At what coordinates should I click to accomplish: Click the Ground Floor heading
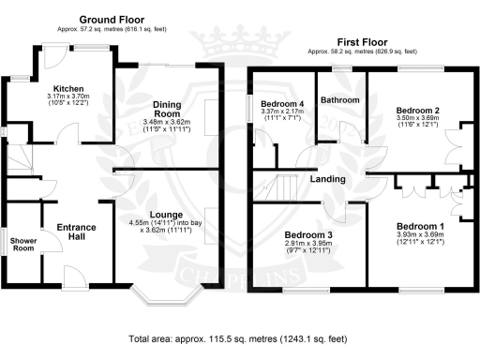[112, 19]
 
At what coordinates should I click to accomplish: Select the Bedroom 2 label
[418, 111]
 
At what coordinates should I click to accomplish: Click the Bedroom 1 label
[419, 227]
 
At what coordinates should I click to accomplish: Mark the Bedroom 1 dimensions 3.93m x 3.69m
[419, 238]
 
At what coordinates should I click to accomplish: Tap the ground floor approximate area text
[112, 30]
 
